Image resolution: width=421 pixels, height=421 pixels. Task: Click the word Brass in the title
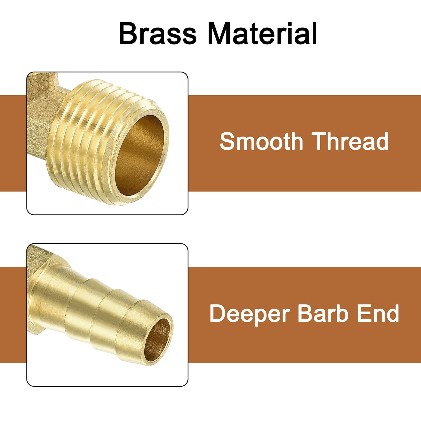[x=158, y=33]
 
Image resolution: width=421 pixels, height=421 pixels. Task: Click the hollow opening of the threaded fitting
[x=139, y=155]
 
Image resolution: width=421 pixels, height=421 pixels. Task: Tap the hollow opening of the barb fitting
[x=157, y=340]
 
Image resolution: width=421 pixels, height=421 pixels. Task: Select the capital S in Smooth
[x=228, y=141]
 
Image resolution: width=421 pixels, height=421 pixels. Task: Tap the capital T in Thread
[x=319, y=141]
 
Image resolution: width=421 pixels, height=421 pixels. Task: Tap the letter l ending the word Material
[x=314, y=33]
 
